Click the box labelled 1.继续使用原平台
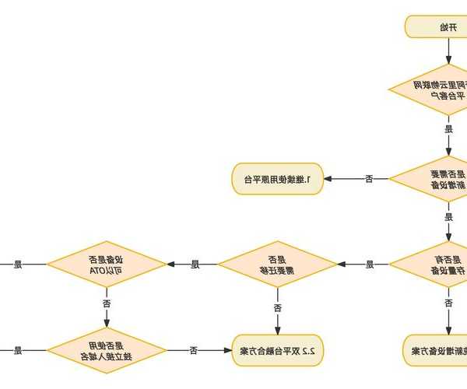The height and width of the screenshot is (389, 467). click(277, 180)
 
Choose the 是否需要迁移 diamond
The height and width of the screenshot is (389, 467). click(276, 265)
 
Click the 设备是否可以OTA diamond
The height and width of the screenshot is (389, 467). click(107, 265)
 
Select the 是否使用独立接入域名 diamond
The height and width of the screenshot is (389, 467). click(107, 351)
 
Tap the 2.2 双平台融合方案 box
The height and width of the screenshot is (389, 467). click(277, 351)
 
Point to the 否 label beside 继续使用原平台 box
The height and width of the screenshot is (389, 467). click(369, 180)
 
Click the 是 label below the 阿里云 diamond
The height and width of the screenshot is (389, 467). click(448, 129)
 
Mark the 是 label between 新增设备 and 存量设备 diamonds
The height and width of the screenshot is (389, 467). click(448, 217)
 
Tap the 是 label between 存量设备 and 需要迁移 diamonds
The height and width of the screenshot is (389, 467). click(369, 265)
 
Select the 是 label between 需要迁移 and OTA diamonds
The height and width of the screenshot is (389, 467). click(195, 265)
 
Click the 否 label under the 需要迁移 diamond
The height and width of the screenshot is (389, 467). click(277, 307)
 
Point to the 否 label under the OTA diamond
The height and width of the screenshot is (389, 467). click(107, 302)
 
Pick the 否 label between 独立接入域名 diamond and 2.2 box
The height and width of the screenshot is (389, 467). click(194, 351)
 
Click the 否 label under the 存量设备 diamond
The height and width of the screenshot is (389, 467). click(448, 303)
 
